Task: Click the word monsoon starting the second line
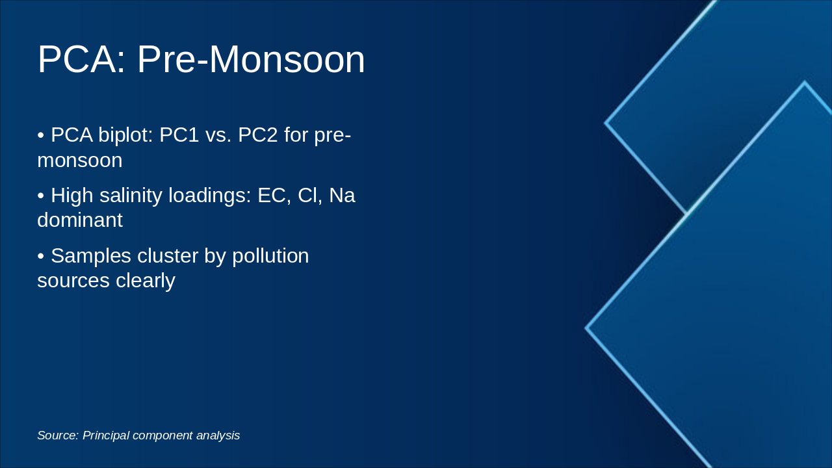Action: pos(79,160)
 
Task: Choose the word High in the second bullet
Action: pos(72,195)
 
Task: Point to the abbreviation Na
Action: pos(342,195)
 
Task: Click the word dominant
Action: pos(79,220)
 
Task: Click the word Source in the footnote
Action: pos(57,435)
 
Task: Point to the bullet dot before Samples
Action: pos(40,256)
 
